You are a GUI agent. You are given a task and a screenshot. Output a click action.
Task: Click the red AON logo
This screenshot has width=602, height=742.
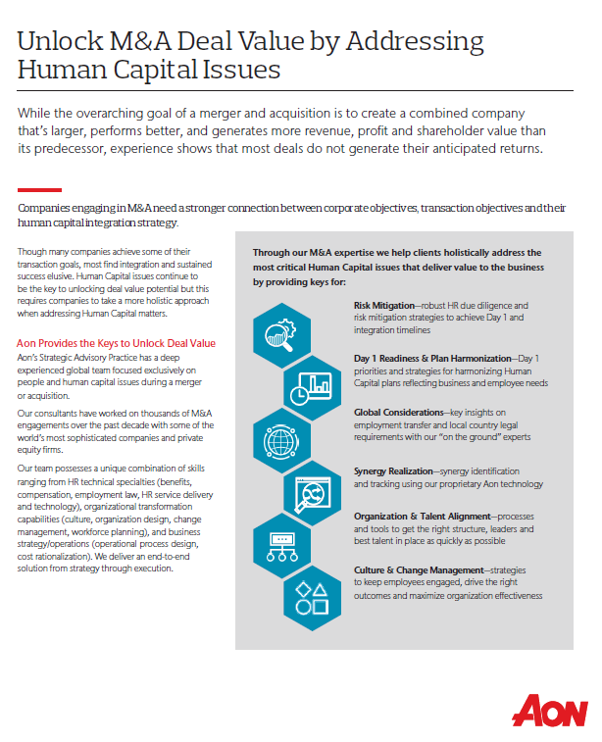click(x=553, y=709)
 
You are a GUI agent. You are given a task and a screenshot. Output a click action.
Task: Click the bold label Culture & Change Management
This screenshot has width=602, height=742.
click(x=419, y=569)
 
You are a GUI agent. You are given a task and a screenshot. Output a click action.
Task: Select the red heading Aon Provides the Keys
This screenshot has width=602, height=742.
click(x=117, y=343)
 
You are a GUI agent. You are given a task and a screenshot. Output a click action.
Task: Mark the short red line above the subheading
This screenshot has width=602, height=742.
click(x=39, y=190)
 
